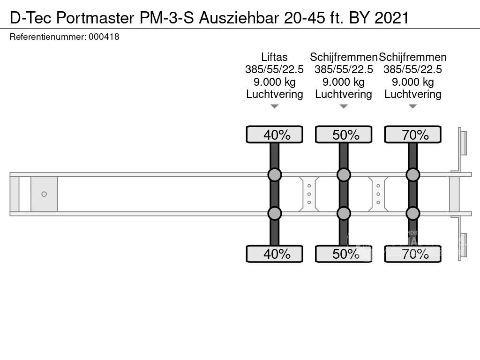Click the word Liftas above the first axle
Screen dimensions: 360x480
(x=274, y=57)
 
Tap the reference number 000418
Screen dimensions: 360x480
(x=104, y=37)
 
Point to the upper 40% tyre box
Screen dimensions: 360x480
(x=274, y=135)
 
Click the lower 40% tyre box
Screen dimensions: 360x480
(x=274, y=254)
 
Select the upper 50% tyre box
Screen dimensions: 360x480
(x=344, y=135)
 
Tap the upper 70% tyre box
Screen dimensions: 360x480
(x=412, y=135)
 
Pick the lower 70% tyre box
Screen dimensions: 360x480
(x=412, y=254)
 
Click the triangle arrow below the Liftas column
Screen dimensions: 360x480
(x=274, y=107)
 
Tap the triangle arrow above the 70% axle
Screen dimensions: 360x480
(x=412, y=107)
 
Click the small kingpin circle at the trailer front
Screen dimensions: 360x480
(x=44, y=194)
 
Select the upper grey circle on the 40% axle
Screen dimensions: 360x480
(x=274, y=175)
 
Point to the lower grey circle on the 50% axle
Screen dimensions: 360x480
(x=344, y=213)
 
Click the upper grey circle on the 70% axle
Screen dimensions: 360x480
(x=412, y=175)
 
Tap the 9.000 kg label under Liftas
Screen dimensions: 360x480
(x=274, y=82)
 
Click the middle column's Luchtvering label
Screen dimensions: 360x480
(x=344, y=94)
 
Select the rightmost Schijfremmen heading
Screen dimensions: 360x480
(x=412, y=57)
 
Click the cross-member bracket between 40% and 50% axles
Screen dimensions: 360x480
(x=309, y=194)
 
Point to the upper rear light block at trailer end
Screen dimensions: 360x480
(x=463, y=142)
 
